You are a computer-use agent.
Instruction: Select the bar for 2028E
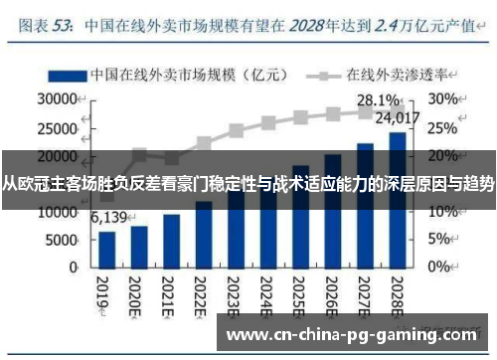[397, 200]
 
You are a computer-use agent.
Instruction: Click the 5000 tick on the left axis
[62, 241]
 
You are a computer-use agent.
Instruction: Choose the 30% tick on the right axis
[443, 100]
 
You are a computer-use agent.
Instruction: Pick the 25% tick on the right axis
[443, 128]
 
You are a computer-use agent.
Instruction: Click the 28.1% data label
[379, 100]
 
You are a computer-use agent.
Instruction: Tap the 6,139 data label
[109, 218]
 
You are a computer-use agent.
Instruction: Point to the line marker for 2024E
[268, 123]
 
